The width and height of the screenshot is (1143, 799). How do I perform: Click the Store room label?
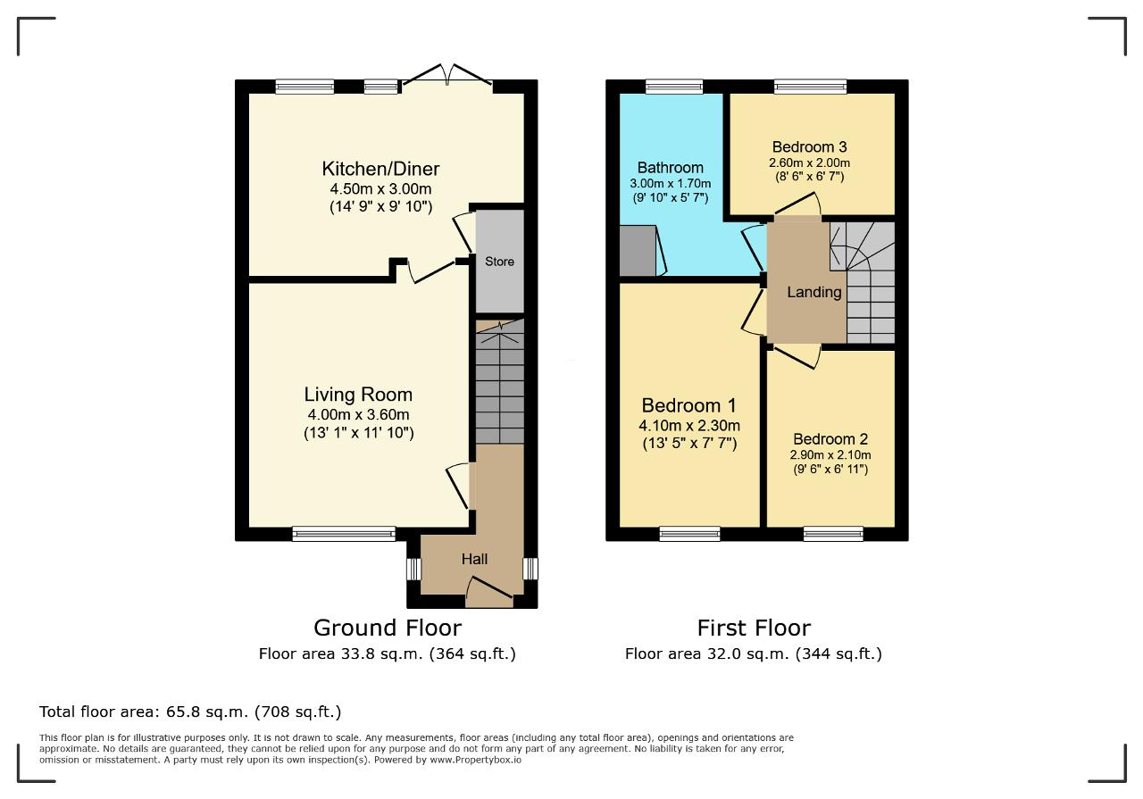(499, 262)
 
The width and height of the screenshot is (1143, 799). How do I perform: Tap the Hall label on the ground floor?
(474, 559)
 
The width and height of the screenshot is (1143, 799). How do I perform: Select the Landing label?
(813, 292)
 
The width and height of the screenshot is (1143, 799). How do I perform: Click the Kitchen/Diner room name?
(380, 169)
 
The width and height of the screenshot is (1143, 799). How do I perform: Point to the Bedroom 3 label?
(809, 147)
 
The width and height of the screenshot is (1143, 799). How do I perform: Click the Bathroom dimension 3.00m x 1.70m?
(670, 183)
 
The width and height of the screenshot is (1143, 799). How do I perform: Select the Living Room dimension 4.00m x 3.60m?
(358, 415)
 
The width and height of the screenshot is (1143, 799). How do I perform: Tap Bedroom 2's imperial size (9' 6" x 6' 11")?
(830, 469)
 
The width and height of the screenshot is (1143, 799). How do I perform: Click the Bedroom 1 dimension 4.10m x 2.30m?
(688, 426)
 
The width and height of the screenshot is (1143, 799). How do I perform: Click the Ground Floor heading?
(388, 628)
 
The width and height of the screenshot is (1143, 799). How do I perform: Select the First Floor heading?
(754, 628)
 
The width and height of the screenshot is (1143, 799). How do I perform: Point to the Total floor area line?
(190, 712)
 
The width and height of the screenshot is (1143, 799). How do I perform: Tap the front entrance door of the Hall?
(489, 593)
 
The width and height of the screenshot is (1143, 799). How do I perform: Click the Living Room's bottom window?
(344, 534)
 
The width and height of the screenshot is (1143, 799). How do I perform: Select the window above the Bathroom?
(674, 87)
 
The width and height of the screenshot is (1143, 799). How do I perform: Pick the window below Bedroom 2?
(833, 534)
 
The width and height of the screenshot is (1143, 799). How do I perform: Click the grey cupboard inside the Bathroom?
(638, 251)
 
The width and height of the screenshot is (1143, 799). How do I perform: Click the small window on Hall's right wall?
(530, 569)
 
